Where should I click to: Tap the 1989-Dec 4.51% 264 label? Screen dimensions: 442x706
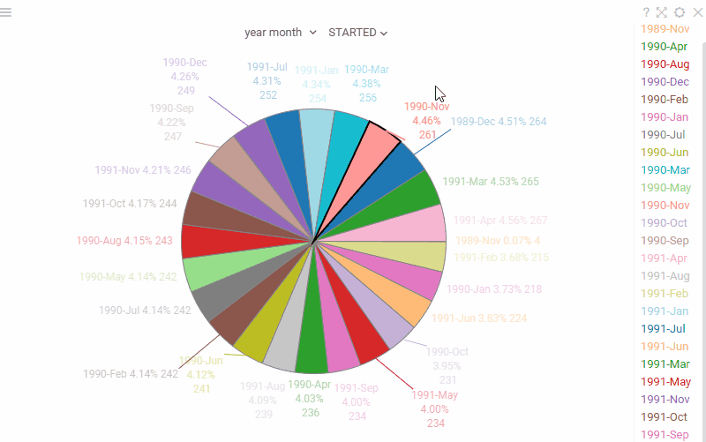[499, 122]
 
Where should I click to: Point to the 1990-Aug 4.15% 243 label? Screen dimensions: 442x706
[124, 240]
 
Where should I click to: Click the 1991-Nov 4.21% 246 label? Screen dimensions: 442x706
[143, 170]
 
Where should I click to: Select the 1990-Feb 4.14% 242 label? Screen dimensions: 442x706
[131, 374]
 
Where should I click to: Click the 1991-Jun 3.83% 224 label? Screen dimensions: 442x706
[479, 318]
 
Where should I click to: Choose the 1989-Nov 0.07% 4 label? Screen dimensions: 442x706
[498, 240]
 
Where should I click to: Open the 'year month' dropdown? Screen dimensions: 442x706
[281, 33]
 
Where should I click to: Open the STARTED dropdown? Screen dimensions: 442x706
[357, 33]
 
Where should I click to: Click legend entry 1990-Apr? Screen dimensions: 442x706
[665, 47]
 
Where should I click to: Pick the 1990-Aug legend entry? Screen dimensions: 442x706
[665, 64]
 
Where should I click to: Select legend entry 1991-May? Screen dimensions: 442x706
[665, 381]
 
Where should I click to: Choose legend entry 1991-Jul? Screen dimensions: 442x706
[664, 328]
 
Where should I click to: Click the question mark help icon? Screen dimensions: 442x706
[646, 12]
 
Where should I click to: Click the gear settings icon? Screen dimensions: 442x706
[679, 12]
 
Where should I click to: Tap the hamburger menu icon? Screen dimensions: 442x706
[5, 12]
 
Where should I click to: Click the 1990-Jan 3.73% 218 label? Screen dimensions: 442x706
[494, 288]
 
